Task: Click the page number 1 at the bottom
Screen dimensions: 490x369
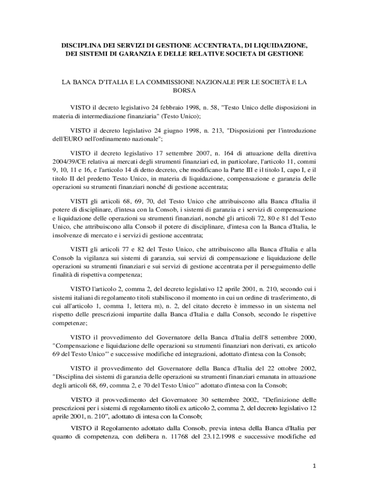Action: (313, 465)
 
